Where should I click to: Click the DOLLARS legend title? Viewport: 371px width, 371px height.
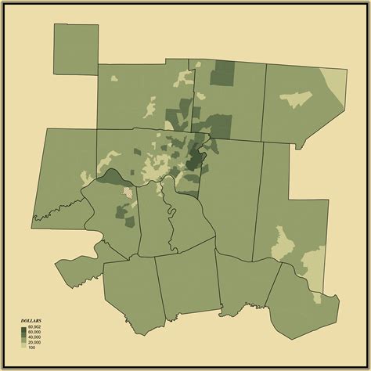[x=31, y=321]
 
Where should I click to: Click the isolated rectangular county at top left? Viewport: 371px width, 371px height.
[x=76, y=49]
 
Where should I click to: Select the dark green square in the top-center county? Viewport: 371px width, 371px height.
[x=223, y=73]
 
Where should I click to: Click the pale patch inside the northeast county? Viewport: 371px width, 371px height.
[x=295, y=99]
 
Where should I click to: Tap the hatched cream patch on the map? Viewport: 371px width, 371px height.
[x=124, y=191]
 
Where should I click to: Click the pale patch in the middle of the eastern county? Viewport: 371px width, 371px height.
[x=283, y=243]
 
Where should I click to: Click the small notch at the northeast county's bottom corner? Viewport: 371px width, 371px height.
[x=297, y=145]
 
